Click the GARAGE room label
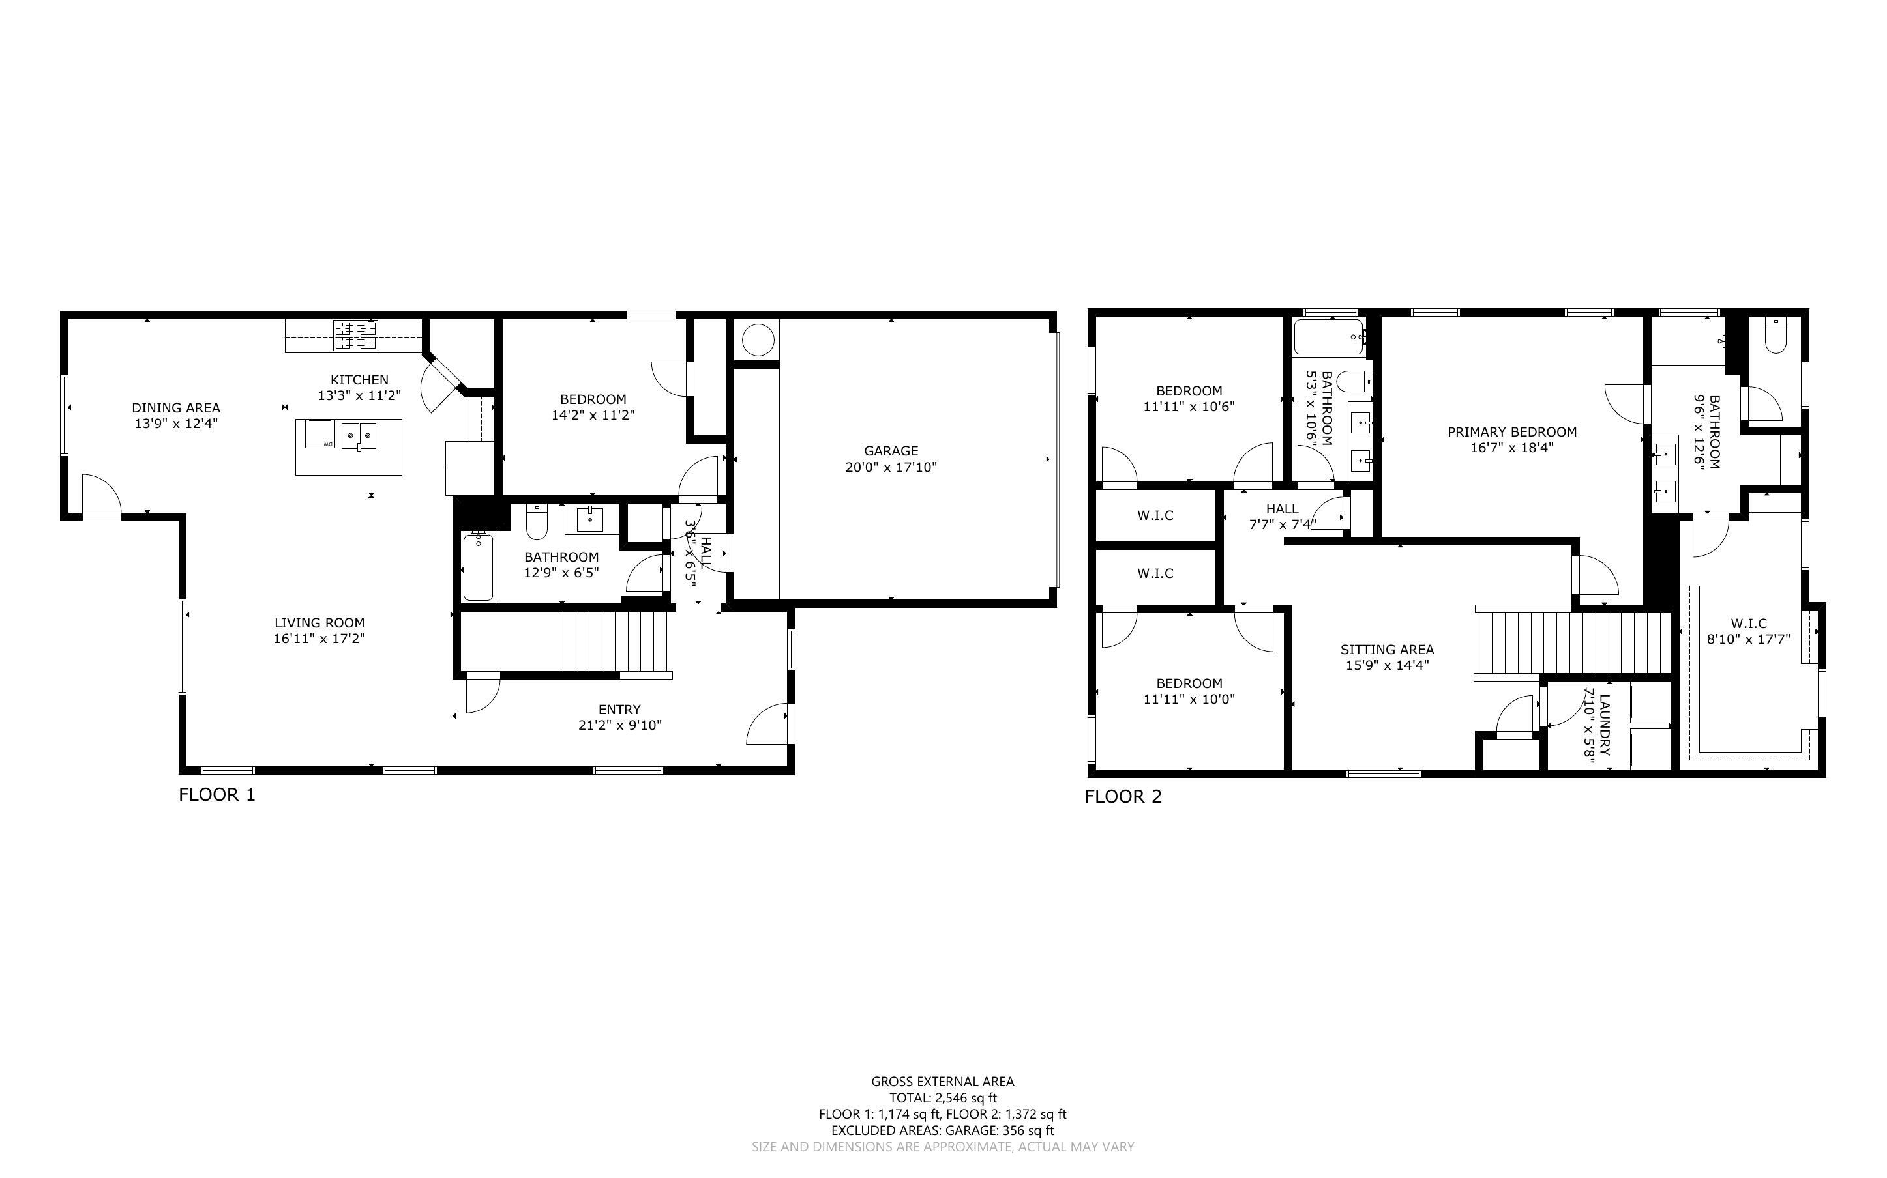[x=890, y=450]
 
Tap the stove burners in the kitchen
[x=355, y=335]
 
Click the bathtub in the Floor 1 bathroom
[x=478, y=566]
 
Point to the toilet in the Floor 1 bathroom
[x=536, y=521]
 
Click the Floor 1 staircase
[x=616, y=640]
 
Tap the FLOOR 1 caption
[x=216, y=795]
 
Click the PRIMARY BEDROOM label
[x=1511, y=431]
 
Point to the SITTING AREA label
[x=1387, y=649]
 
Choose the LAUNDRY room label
[x=1603, y=725]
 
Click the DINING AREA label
[x=175, y=407]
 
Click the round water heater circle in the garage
[x=756, y=341]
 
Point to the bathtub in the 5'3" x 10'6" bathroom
[x=1328, y=337]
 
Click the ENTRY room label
[x=619, y=709]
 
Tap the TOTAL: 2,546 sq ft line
[x=942, y=1098]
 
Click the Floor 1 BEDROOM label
[x=592, y=399]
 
